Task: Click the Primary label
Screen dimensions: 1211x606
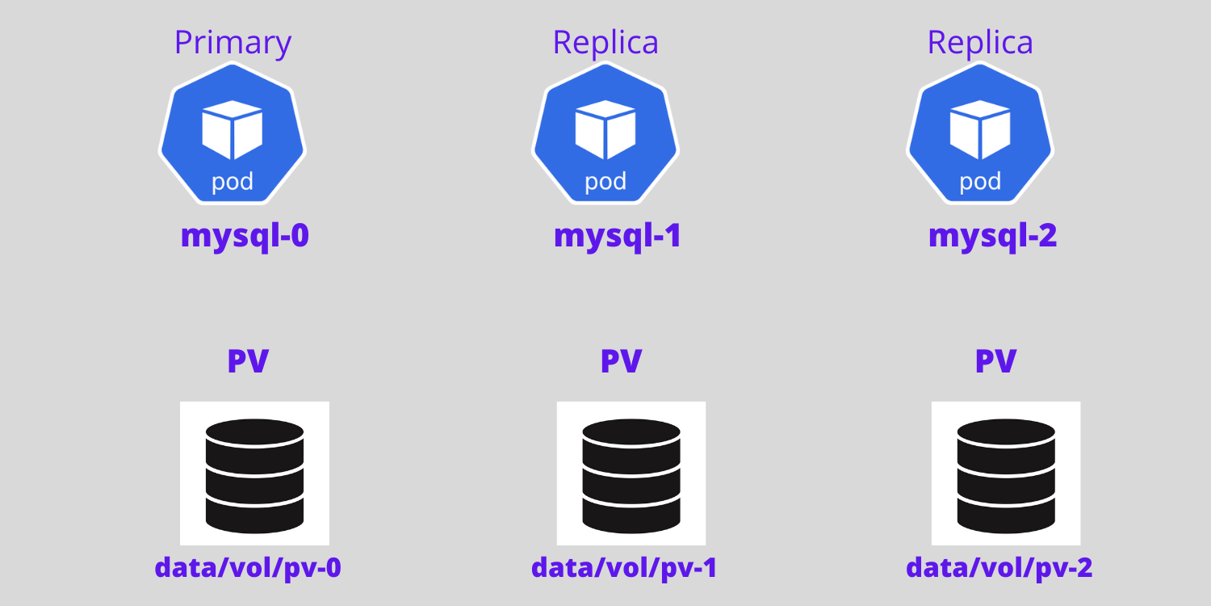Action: click(x=233, y=43)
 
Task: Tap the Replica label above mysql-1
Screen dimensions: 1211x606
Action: click(x=605, y=43)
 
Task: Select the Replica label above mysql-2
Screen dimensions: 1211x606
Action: click(x=980, y=43)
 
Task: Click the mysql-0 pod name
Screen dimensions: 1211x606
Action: click(x=245, y=235)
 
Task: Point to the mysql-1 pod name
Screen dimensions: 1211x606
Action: click(x=618, y=235)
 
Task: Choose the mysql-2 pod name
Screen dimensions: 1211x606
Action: click(x=992, y=235)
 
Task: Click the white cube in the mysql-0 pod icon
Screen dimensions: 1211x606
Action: click(x=233, y=129)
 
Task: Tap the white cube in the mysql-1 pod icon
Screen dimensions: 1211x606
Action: click(x=605, y=129)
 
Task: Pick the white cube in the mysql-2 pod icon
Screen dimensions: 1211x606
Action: click(x=980, y=129)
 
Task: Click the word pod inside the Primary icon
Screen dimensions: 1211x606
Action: click(x=233, y=182)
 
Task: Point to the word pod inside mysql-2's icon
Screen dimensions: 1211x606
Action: click(x=980, y=182)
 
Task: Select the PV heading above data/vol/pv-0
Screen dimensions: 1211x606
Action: click(x=248, y=361)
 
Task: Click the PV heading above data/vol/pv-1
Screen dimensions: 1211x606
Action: click(x=621, y=361)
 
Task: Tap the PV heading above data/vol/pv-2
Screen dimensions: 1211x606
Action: click(x=995, y=361)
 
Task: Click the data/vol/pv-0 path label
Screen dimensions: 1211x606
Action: click(x=248, y=568)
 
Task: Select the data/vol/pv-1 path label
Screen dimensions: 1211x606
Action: click(x=624, y=568)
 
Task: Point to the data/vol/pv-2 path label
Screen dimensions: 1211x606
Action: click(x=999, y=568)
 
